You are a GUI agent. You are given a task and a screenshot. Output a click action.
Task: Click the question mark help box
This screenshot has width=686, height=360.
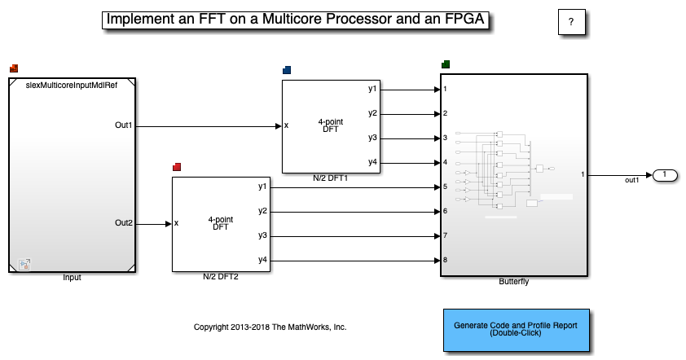pos(571,22)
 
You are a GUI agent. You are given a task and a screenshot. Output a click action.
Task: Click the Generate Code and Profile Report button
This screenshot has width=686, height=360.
pos(517,330)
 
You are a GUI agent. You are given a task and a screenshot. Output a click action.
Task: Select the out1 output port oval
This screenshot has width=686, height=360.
pos(665,175)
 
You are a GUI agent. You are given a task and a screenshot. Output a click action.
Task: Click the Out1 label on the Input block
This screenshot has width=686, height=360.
pos(123,125)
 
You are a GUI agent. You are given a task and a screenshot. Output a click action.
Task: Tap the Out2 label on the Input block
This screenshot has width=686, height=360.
pos(123,222)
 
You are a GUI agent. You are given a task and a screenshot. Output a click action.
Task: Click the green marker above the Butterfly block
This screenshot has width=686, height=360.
pos(446,64)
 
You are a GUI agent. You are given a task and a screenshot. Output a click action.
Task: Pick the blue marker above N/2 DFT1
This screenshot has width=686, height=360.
pos(287,70)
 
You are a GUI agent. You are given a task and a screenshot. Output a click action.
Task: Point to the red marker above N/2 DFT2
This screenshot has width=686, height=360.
pos(177,167)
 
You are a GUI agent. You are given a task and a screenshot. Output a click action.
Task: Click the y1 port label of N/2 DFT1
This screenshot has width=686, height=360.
pos(372,89)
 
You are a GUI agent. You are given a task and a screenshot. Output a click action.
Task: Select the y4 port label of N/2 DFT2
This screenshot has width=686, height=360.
pos(262,260)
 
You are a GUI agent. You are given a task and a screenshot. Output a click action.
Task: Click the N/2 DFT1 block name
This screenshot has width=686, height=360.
pos(330,178)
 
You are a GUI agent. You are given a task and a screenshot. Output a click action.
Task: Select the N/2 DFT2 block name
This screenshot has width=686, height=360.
pos(221,276)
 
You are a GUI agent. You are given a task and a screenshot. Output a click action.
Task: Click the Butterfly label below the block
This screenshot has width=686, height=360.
pos(513,281)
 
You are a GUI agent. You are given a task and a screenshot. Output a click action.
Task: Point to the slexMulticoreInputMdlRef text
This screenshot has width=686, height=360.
pos(72,86)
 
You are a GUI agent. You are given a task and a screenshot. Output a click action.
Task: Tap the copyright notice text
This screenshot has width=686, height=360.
pos(270,327)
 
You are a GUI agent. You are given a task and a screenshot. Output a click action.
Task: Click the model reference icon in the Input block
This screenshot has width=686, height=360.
pos(24,264)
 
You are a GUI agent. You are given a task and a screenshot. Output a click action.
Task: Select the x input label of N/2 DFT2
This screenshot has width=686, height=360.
pos(176,223)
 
